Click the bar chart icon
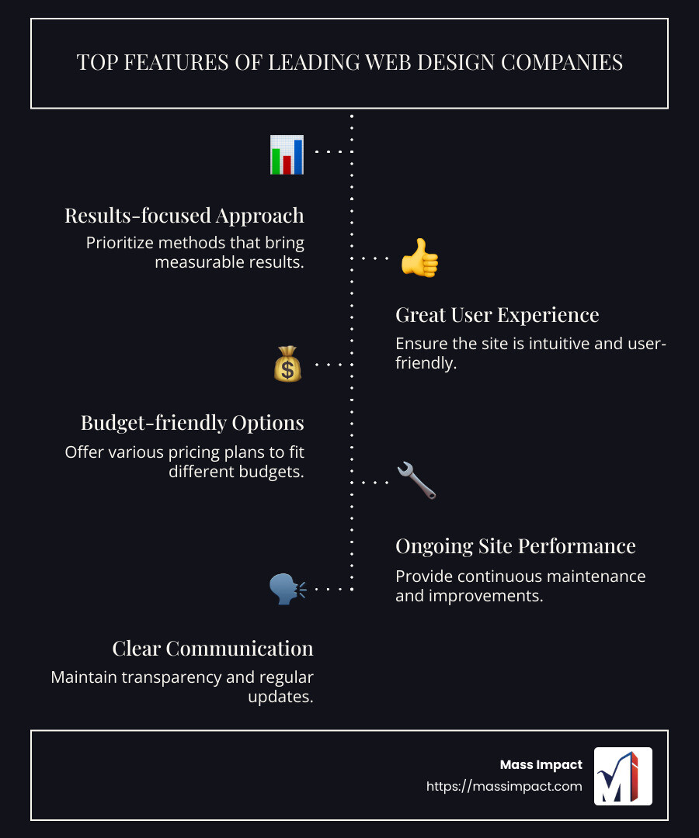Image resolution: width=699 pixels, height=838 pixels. click(x=287, y=154)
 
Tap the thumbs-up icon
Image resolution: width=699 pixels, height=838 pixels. click(x=419, y=258)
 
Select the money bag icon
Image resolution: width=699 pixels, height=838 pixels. click(x=287, y=363)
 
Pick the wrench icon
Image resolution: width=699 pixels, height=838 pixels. click(x=416, y=480)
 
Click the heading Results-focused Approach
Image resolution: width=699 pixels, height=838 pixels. click(x=184, y=215)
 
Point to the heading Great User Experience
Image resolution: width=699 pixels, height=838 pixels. click(x=497, y=314)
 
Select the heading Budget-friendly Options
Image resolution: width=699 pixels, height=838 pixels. click(x=193, y=423)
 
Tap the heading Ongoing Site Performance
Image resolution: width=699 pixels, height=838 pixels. click(x=516, y=545)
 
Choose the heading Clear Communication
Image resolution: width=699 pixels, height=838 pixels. click(x=213, y=648)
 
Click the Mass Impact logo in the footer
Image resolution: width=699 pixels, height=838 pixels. click(x=623, y=776)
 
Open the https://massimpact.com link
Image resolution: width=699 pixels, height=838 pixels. click(x=504, y=786)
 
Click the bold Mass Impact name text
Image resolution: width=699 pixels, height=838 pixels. click(x=541, y=765)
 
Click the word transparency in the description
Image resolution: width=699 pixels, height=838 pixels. click(x=171, y=677)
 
